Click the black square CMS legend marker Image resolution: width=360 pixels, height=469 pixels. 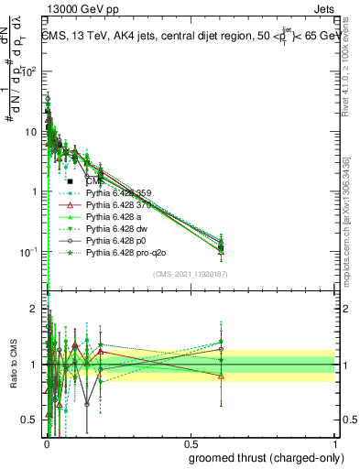coord(70,182)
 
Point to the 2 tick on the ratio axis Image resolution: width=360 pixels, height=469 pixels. coord(32,309)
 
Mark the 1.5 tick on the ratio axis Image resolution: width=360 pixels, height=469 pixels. coord(29,336)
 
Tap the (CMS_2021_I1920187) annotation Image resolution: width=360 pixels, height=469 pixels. coord(190,272)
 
